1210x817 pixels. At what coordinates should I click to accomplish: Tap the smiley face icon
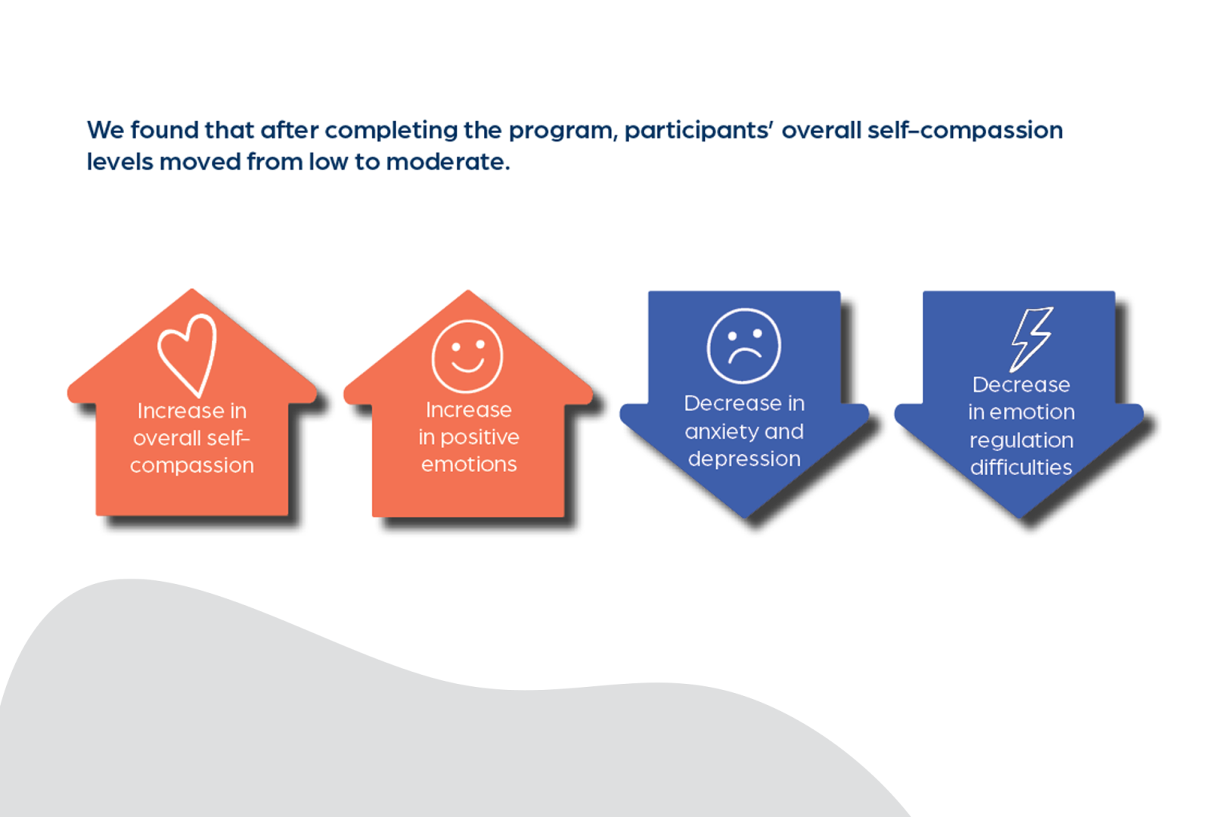coord(467,356)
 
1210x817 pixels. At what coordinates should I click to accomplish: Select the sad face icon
coord(744,346)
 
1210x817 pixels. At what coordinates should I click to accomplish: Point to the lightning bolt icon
coord(1032,338)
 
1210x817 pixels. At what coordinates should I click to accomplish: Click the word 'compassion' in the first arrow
coord(192,465)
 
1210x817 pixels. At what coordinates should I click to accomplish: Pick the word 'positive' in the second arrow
coord(479,437)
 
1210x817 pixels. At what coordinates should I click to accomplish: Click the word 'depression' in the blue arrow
coord(744,458)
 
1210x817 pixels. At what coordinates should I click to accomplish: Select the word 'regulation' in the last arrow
coord(1022,440)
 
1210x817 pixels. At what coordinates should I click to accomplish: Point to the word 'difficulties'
coord(1021,468)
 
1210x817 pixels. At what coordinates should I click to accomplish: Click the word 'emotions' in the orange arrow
coord(469,464)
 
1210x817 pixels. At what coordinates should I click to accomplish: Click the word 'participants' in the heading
coord(698,131)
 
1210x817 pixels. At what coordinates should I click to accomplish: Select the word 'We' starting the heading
coord(105,130)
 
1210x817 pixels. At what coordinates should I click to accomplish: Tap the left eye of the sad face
coord(731,335)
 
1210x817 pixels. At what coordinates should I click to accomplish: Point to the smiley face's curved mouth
coord(467,365)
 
